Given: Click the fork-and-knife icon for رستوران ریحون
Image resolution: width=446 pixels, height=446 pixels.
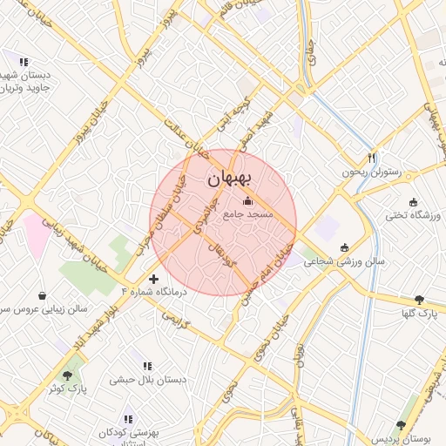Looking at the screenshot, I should (372, 158).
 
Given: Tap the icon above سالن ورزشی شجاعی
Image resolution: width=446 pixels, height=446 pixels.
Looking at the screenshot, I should (345, 247).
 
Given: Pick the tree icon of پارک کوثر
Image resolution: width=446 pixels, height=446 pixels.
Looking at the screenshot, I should (68, 375).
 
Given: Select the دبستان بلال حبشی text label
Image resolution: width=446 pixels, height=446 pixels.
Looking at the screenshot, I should (145, 380).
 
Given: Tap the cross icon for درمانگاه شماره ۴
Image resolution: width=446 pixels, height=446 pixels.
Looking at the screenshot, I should (154, 280).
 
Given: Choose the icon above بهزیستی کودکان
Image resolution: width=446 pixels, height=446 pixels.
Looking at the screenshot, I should (129, 419).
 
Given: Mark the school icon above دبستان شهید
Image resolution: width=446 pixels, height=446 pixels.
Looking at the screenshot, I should (23, 62).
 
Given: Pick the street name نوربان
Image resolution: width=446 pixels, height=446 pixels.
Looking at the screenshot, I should (299, 357).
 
